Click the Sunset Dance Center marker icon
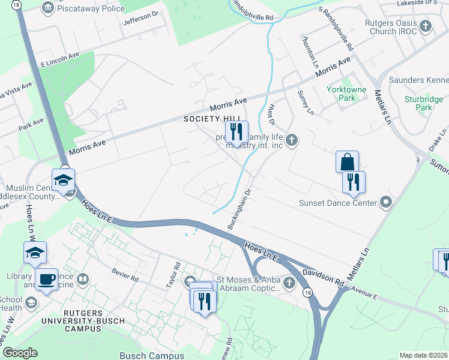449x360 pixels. click(x=385, y=202)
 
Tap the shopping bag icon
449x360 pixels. click(x=347, y=161)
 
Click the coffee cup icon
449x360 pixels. click(x=47, y=278)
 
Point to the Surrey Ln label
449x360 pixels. click(x=306, y=102)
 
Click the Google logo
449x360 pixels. click(x=20, y=353)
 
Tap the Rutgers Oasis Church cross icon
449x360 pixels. click(x=426, y=26)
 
